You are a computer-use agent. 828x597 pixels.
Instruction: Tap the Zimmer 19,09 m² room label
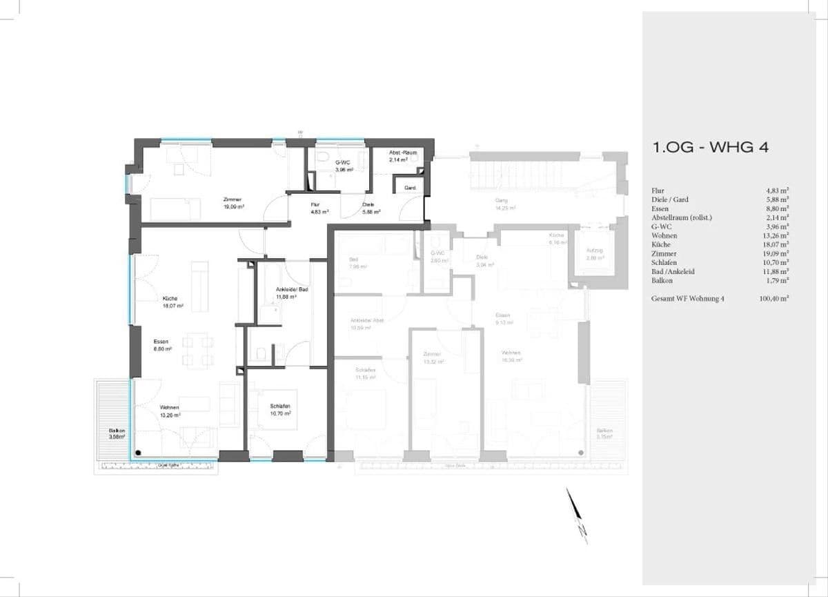(x=232, y=202)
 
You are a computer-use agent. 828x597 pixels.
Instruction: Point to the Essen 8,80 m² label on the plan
(x=162, y=345)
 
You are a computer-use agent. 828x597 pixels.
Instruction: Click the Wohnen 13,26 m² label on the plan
(x=169, y=411)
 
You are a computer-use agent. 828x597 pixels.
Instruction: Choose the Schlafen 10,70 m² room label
(x=279, y=409)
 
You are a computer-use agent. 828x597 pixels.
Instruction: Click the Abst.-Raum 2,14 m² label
(x=398, y=157)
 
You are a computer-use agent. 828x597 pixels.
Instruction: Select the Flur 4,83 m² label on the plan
(x=318, y=208)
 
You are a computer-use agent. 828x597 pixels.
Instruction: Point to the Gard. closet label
(x=409, y=188)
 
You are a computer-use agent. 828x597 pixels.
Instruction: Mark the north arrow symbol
(x=576, y=515)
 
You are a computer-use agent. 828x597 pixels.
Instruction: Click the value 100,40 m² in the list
(x=775, y=299)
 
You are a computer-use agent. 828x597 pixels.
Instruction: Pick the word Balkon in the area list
(x=663, y=281)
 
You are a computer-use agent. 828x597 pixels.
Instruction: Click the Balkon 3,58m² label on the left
(x=117, y=433)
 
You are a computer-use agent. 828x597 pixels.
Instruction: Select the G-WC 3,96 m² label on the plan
(x=344, y=166)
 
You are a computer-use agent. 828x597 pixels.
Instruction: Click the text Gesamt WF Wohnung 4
(x=691, y=299)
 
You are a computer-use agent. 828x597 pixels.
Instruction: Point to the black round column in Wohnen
(x=139, y=453)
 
